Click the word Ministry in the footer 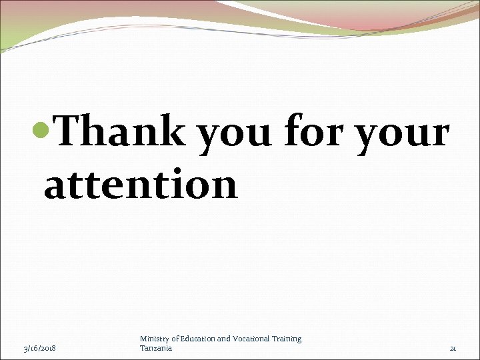point(153,339)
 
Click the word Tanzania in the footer point(156,348)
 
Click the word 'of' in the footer point(175,339)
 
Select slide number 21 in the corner point(453,349)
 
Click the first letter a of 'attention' point(55,187)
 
